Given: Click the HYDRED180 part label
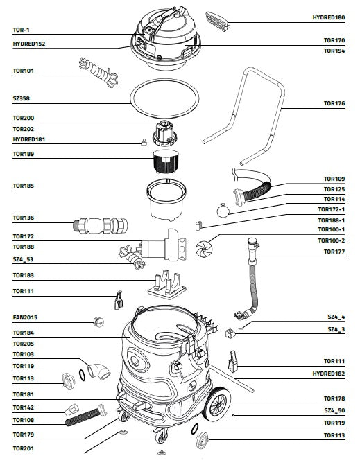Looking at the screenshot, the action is point(329,17).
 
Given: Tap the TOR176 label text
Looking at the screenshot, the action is point(334,103).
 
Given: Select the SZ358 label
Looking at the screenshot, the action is point(21,98).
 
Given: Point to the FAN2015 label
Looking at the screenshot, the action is point(25,317).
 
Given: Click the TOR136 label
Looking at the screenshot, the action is point(23,218).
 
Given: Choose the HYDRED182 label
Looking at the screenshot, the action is point(329,374).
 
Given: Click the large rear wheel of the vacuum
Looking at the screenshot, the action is point(217,403).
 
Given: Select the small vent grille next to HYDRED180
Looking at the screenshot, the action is point(218,21).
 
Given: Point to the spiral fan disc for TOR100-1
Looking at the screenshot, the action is point(205,248).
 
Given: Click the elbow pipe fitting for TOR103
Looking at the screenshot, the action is point(98,371).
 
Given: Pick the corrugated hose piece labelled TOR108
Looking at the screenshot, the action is point(85,416).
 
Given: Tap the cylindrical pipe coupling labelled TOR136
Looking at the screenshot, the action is point(101,225).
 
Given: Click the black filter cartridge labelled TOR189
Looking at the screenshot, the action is point(166,161).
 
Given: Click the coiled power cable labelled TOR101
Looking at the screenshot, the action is point(98,73).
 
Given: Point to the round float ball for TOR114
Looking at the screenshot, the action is point(223,211).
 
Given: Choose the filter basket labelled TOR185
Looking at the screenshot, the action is point(166,200).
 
